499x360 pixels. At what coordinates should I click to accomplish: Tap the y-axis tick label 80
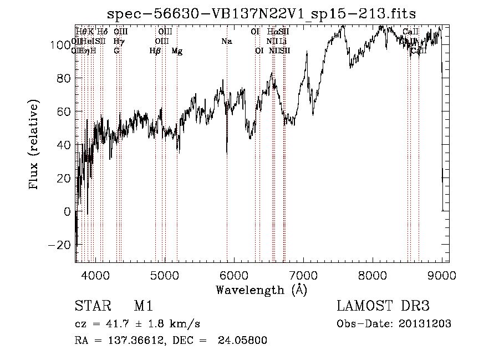tap(64, 78)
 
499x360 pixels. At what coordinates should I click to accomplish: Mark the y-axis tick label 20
tap(64, 178)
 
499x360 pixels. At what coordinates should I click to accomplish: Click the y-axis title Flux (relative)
tap(34, 144)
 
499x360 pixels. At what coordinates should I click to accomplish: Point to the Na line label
tap(226, 41)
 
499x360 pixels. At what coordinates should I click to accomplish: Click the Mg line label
tap(177, 51)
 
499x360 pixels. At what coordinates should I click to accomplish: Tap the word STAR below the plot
tap(91, 306)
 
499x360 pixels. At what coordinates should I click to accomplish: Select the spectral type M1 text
tap(144, 306)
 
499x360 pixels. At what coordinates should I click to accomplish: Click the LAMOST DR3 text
tap(383, 306)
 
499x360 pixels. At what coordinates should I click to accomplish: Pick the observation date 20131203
tap(424, 324)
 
